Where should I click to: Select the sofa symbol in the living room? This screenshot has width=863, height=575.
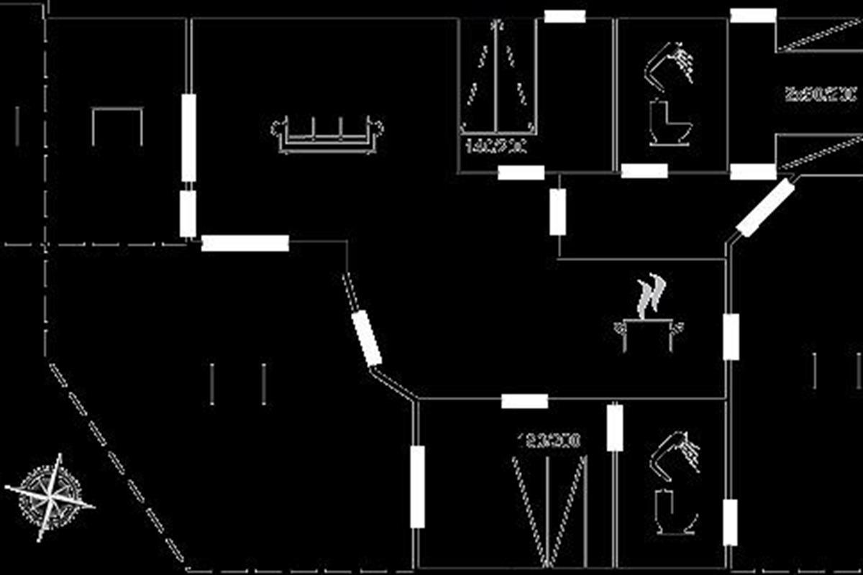[327, 134]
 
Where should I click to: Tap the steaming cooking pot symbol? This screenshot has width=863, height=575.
[649, 334]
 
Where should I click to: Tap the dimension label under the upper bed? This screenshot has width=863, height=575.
[497, 147]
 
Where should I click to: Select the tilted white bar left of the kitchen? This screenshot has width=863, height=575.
[367, 338]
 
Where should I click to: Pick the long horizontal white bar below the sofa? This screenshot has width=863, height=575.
[245, 243]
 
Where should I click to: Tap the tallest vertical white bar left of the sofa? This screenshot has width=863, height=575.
[188, 137]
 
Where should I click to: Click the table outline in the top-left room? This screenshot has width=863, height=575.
[117, 126]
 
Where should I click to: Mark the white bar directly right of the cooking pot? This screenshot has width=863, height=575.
[731, 336]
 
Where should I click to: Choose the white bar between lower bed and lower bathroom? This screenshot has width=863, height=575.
[615, 428]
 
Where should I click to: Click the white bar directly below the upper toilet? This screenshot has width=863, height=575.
[644, 171]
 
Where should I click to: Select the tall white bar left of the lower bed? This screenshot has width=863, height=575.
[417, 487]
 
